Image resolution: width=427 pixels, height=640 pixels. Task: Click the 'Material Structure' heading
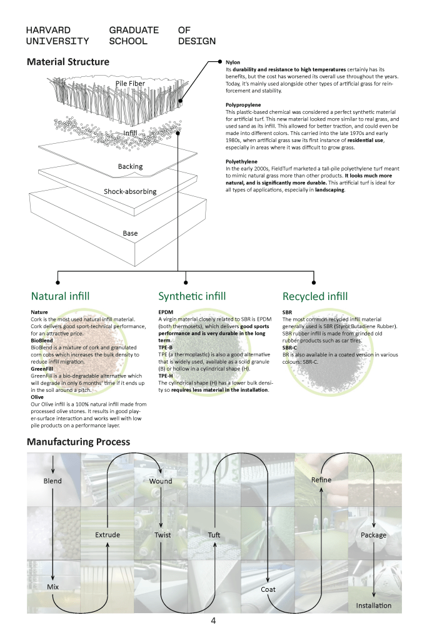point(68,62)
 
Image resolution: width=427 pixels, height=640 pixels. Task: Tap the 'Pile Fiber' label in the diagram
point(131,84)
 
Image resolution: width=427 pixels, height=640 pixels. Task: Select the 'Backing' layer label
point(130,166)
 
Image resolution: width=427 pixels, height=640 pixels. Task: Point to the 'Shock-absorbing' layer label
point(130,191)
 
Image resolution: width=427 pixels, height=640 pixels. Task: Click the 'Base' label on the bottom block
point(130,233)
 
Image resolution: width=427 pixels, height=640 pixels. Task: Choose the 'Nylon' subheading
point(233,62)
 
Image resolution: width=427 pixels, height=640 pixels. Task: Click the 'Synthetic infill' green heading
point(192,296)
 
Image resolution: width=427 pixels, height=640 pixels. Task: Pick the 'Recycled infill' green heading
point(315,296)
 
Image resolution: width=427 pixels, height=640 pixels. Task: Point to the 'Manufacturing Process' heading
point(78,442)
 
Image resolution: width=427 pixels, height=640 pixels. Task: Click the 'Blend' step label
point(53,481)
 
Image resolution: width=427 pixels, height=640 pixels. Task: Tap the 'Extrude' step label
point(108,535)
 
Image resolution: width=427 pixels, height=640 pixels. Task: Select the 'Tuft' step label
point(214,535)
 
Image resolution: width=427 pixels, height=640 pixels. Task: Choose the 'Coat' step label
point(268,589)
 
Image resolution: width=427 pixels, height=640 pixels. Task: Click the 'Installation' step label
point(374,606)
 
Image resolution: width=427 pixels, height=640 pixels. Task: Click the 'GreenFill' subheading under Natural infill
point(43,369)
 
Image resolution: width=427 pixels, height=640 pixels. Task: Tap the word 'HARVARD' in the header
point(48,30)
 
